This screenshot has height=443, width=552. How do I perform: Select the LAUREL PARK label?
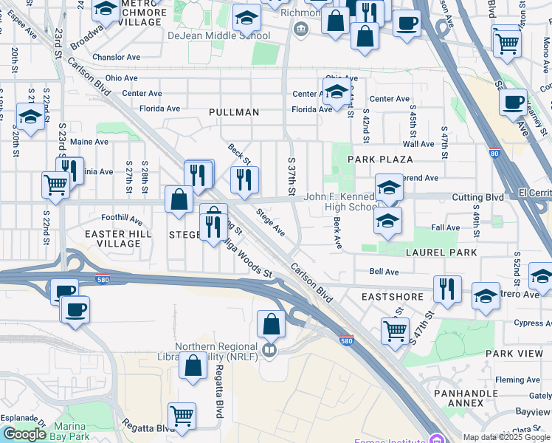(441, 253)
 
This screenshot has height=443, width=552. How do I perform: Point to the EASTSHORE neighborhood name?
(393, 297)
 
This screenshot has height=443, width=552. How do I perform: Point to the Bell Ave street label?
(384, 272)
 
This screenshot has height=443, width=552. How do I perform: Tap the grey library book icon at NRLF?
(270, 350)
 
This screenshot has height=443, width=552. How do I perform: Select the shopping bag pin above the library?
(271, 323)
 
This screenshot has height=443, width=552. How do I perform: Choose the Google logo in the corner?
(24, 434)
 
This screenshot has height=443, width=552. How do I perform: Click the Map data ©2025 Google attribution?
(506, 437)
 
